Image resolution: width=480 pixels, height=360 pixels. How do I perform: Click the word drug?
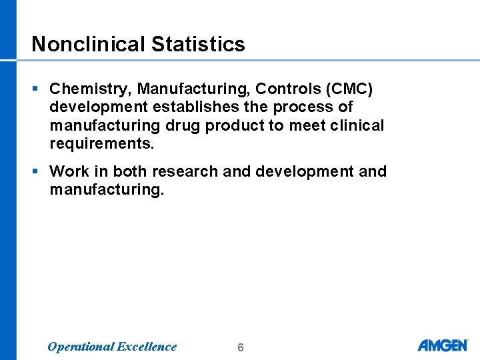181,126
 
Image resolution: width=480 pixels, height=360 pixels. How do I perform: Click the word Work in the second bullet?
67,171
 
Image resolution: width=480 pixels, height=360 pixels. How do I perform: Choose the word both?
130,171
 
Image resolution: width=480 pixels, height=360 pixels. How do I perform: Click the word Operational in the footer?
80,347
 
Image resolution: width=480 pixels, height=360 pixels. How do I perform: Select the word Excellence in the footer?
147,347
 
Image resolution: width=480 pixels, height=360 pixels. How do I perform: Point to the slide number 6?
241,347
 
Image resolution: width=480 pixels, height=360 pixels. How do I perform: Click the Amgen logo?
443,345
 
